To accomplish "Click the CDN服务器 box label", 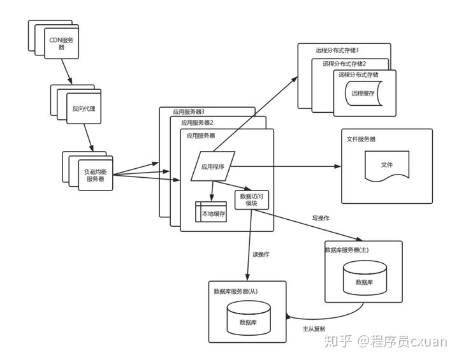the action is (x=61, y=43).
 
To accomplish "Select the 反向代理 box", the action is (x=84, y=108).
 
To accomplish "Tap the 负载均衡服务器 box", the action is (x=96, y=175).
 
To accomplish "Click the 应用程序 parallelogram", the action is (x=213, y=166).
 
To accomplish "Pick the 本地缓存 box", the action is (x=211, y=212).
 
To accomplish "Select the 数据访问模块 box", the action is (x=252, y=200).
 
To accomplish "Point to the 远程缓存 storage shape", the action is (x=363, y=94).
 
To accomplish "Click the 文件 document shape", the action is (x=387, y=166).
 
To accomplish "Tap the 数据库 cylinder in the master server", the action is (x=365, y=278).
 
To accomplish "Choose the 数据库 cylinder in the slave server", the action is (x=249, y=318).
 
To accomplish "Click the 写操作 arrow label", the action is (x=321, y=218).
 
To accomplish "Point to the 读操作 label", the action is (x=261, y=254).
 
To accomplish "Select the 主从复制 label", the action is (x=314, y=329).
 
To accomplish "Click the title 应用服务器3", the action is (x=189, y=112).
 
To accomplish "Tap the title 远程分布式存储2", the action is (x=344, y=64).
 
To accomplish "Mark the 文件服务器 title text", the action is (x=361, y=139).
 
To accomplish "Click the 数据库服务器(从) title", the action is (x=236, y=291).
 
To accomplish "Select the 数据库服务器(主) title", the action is (x=347, y=250).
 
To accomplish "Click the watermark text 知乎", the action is (x=338, y=342).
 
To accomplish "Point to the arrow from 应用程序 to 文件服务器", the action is (x=286, y=166).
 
